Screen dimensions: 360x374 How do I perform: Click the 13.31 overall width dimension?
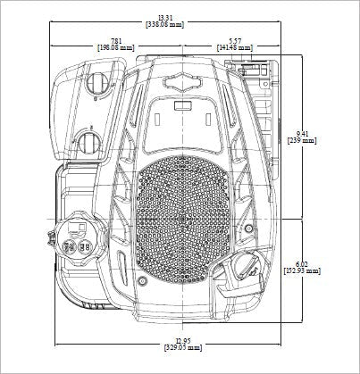point(165,18)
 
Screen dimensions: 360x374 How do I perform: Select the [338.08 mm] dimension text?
point(165,25)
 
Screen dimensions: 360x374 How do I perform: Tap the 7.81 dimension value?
point(116,41)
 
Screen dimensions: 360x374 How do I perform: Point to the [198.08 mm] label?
point(116,47)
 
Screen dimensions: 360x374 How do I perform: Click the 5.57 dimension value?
point(235,41)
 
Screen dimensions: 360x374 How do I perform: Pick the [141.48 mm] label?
point(235,47)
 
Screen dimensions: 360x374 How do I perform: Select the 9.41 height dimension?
point(302,134)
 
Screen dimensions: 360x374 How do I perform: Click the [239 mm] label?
point(302,140)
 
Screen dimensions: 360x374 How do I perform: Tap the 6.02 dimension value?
point(302,264)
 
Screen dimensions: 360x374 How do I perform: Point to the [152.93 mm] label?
point(302,270)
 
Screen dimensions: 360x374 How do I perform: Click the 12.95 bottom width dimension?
point(183,341)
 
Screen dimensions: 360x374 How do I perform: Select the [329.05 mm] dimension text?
point(183,347)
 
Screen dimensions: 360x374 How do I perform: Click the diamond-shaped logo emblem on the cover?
point(182,80)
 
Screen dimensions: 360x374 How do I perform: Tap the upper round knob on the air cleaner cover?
point(97,82)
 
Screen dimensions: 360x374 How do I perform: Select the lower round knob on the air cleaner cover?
point(88,143)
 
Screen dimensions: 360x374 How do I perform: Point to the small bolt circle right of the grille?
point(248,229)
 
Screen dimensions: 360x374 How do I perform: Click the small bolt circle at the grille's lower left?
point(143,280)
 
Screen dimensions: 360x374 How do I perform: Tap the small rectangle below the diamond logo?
point(182,105)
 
